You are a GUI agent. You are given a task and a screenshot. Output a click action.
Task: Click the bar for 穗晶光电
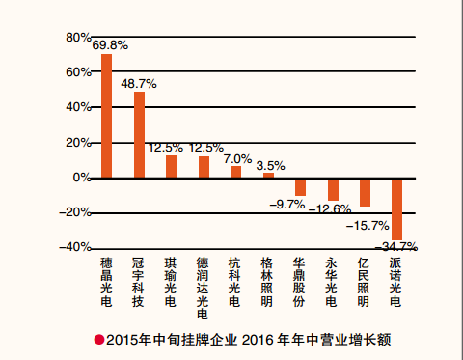tap(107, 116)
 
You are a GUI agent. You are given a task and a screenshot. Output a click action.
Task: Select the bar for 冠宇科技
tap(139, 134)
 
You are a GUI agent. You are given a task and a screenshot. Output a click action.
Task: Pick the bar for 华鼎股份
tap(300, 186)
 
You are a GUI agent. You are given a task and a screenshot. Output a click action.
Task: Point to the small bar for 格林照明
tap(268, 175)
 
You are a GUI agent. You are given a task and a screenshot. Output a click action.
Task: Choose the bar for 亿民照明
tap(365, 192)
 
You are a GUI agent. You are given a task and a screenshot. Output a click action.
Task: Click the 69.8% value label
tap(111, 45)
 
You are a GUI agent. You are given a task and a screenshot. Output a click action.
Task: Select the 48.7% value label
tap(139, 84)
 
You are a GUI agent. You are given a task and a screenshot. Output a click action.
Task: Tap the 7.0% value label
tap(237, 158)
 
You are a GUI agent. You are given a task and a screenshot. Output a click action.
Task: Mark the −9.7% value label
tap(288, 204)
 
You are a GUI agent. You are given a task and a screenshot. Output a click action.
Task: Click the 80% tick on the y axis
tap(51, 38)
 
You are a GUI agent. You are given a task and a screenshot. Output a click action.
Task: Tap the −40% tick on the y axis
tap(48, 247)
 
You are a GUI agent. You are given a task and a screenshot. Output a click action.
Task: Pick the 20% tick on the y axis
tap(51, 143)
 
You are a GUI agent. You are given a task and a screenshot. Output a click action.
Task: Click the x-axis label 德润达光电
tap(203, 288)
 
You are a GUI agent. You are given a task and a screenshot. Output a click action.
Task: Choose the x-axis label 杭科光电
tap(234, 281)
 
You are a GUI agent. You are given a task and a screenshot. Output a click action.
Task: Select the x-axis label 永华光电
tap(332, 281)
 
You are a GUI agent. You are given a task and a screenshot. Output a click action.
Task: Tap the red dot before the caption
tap(98, 339)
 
